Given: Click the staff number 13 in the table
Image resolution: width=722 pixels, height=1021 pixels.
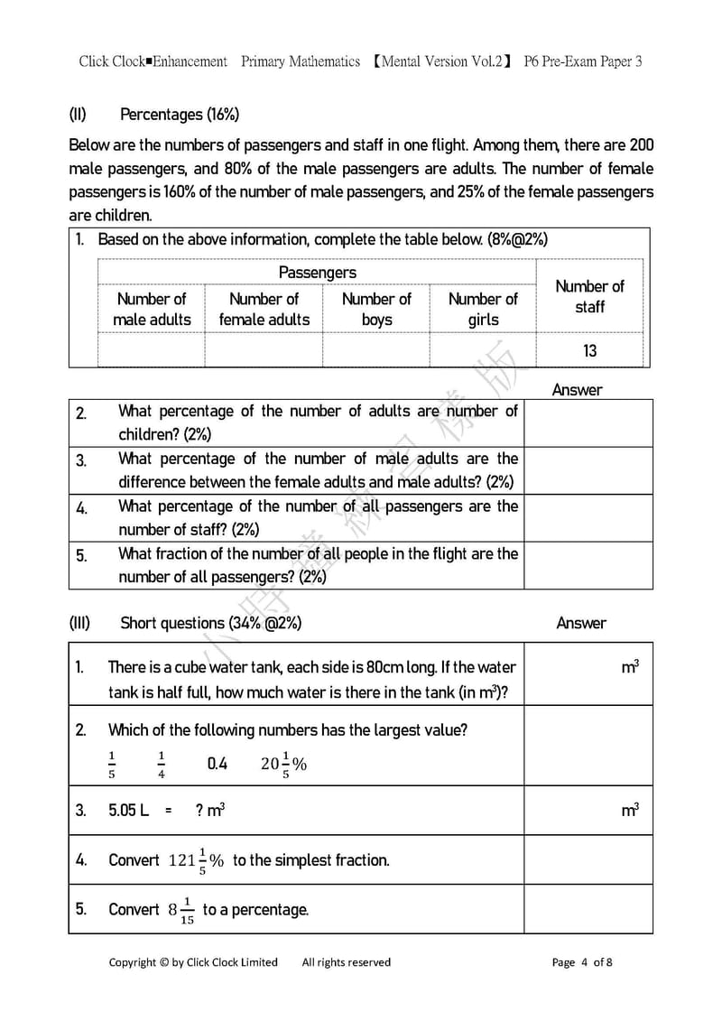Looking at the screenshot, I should click(x=589, y=350).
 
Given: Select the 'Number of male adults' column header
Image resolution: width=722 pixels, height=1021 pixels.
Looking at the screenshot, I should click(x=152, y=309).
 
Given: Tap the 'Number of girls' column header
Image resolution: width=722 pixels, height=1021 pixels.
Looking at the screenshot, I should click(x=483, y=309).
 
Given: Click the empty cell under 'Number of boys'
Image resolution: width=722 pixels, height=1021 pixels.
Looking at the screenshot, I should click(x=376, y=350).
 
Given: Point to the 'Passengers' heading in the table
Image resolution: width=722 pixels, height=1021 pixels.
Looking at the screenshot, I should click(x=317, y=273).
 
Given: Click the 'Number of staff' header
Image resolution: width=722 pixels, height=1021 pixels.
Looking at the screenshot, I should click(x=589, y=296).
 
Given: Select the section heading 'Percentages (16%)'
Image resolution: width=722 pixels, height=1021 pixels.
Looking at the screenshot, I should click(x=179, y=115).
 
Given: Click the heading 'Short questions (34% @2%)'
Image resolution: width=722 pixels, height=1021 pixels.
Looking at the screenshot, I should click(x=210, y=623).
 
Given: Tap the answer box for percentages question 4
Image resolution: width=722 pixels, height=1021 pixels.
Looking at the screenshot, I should click(x=588, y=518).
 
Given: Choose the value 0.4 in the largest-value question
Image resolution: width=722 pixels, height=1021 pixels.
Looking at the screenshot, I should click(x=218, y=764).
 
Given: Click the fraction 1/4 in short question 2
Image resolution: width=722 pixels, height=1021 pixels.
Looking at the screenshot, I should click(x=162, y=764).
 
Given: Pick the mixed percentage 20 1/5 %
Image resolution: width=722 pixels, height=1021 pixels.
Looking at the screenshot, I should click(x=283, y=764).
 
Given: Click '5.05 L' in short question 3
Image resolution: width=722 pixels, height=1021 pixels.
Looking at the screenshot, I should click(x=128, y=811).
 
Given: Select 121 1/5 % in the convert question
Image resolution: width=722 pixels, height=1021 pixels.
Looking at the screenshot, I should click(x=196, y=860).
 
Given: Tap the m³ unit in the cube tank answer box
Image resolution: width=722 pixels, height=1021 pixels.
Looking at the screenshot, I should click(x=630, y=668).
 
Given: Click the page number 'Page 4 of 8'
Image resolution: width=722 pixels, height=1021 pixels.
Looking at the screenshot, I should click(x=582, y=962).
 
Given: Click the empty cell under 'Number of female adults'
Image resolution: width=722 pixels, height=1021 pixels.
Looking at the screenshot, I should click(x=264, y=350).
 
